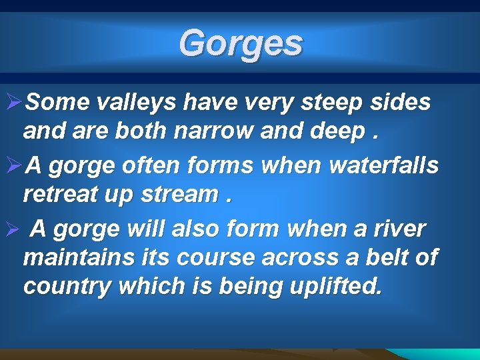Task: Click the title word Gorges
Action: tap(240, 43)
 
